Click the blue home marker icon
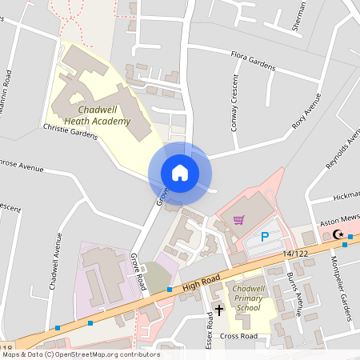pyautogui.click(x=180, y=172)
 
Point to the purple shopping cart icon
pyautogui.click(x=238, y=220)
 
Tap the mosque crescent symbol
pyautogui.click(x=337, y=234)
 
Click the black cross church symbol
pyautogui.click(x=219, y=308)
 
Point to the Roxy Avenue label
pyautogui.click(x=300, y=110)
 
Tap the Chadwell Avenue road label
pyautogui.click(x=54, y=272)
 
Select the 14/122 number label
pyautogui.click(x=294, y=254)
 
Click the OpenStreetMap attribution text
pyautogui.click(x=80, y=354)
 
